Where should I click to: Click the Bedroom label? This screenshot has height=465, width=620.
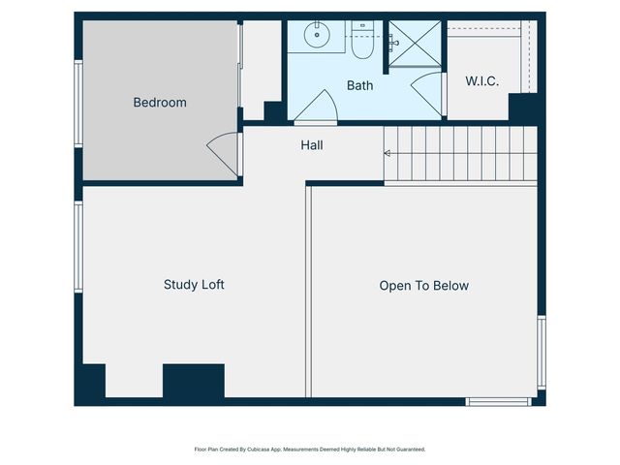pyautogui.click(x=160, y=103)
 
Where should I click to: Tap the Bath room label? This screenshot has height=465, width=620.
pyautogui.click(x=359, y=85)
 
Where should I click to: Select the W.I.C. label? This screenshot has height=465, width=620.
pyautogui.click(x=481, y=81)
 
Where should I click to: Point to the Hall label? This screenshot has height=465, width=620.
pyautogui.click(x=312, y=145)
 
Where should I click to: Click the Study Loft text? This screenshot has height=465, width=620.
pyautogui.click(x=194, y=285)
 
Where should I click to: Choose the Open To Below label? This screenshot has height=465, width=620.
pyautogui.click(x=423, y=286)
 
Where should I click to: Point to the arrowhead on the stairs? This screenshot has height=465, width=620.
pyautogui.click(x=387, y=153)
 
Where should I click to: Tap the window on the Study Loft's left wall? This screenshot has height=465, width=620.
pyautogui.click(x=78, y=246)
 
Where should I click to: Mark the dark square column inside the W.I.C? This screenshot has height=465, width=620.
pyautogui.click(x=522, y=108)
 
